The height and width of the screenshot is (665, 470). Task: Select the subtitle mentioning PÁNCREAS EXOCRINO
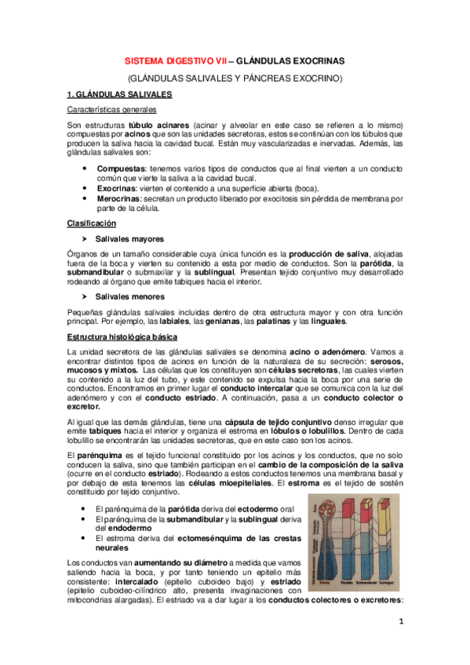tap(235, 78)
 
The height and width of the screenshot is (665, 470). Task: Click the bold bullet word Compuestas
tap(120, 169)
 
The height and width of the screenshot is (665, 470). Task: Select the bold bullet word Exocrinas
tap(118, 189)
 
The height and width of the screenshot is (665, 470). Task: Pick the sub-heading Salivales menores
tap(129, 296)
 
